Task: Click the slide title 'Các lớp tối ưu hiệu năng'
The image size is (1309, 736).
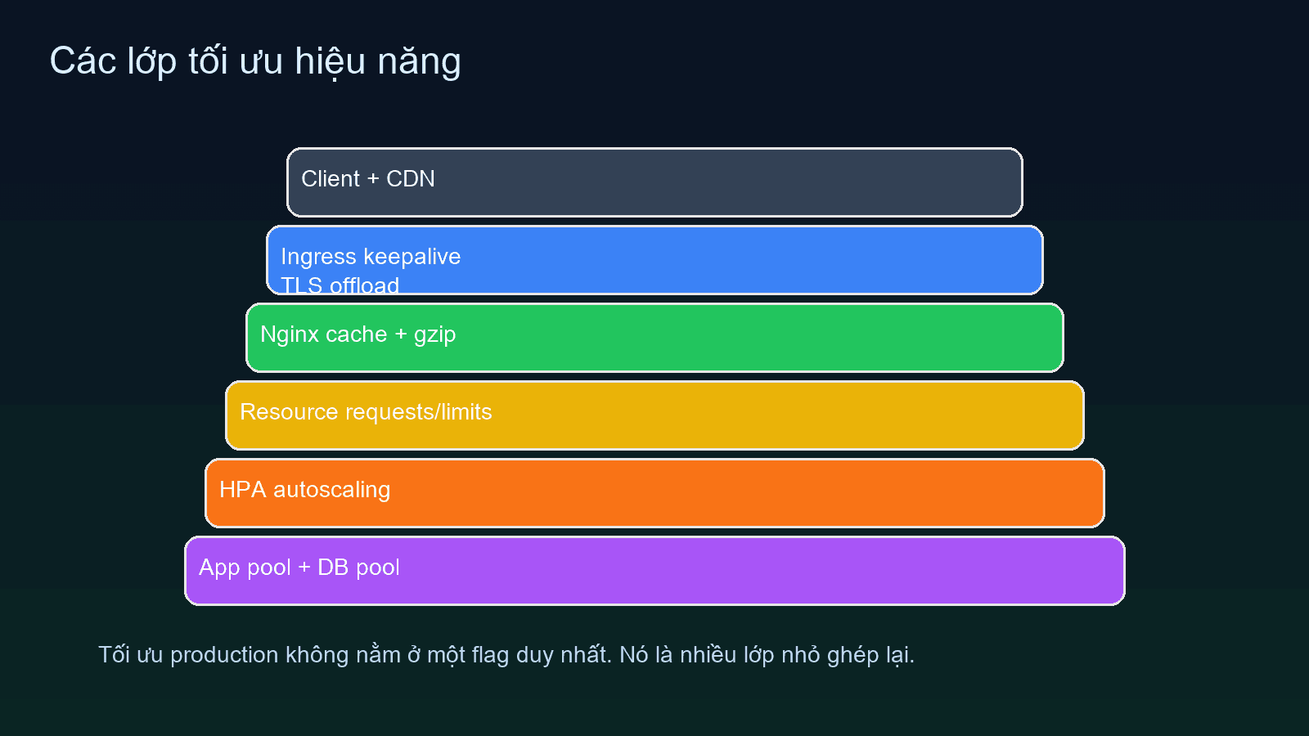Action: (x=255, y=62)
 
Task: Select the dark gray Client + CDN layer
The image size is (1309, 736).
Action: (x=654, y=182)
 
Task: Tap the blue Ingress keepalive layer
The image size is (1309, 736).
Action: (x=654, y=260)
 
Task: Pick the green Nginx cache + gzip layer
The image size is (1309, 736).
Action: (x=654, y=338)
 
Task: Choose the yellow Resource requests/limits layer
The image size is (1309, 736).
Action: (x=654, y=415)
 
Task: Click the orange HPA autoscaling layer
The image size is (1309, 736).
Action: (x=654, y=493)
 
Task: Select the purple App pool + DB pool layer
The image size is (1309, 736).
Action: (x=654, y=571)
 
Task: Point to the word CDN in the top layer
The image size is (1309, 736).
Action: (x=410, y=179)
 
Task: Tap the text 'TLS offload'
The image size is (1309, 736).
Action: (x=340, y=285)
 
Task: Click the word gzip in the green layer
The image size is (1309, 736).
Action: (x=434, y=335)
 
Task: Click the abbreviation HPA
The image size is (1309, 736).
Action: (x=242, y=490)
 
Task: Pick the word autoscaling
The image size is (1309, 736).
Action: (x=331, y=490)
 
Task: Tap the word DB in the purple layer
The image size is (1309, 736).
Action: (x=333, y=568)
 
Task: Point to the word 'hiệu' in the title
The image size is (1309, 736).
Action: (x=330, y=62)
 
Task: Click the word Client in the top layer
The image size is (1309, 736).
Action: (x=331, y=179)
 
